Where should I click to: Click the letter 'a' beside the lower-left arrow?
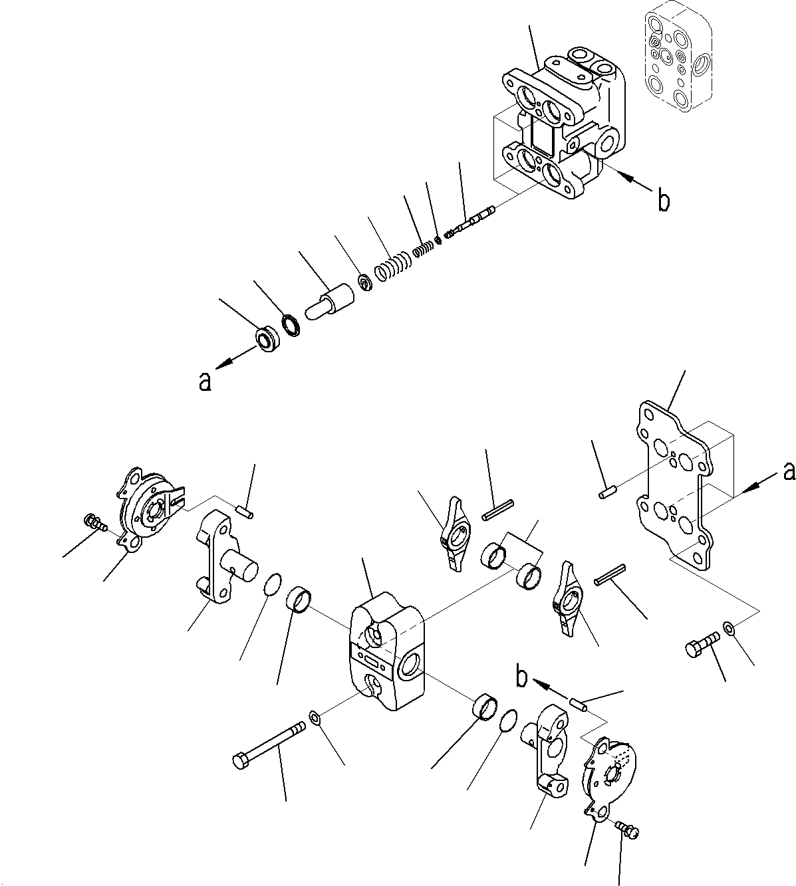[205, 381]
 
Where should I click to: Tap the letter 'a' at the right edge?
[788, 471]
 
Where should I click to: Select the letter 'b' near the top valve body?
[662, 201]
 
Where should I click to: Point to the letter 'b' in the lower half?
[523, 677]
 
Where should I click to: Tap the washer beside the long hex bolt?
[315, 718]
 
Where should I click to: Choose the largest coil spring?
[393, 267]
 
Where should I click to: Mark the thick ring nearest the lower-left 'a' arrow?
[269, 339]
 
